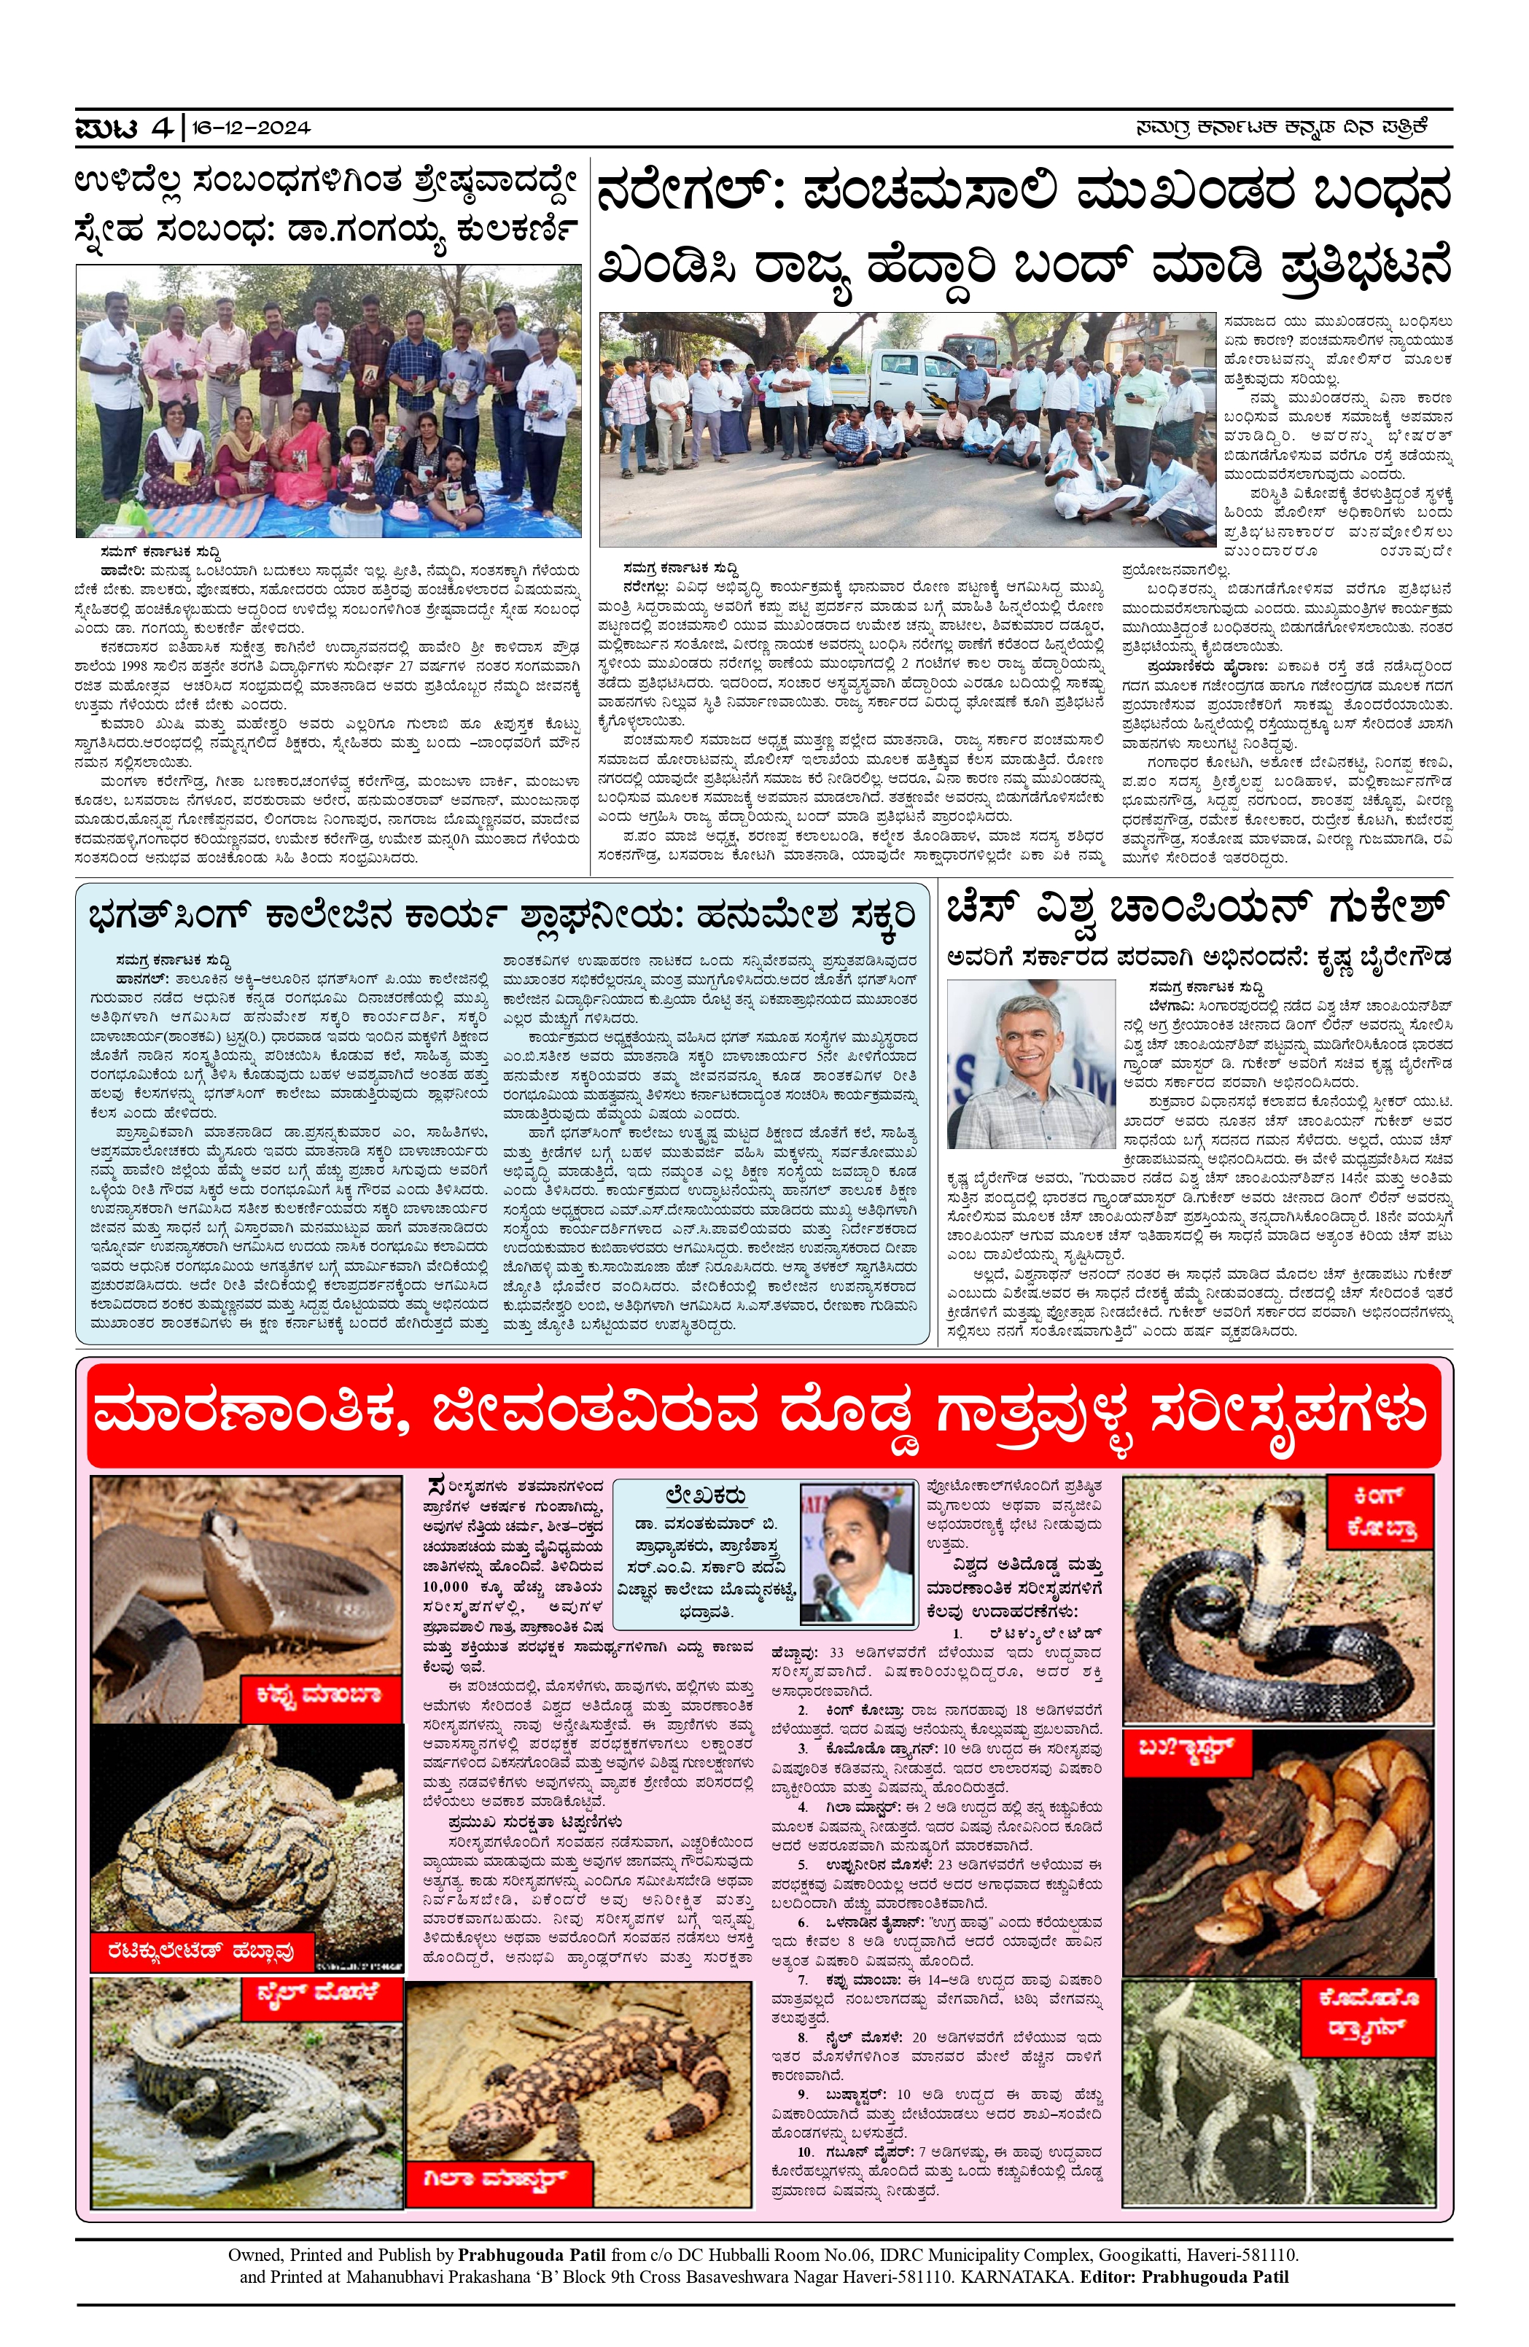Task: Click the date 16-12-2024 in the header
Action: [x=251, y=127]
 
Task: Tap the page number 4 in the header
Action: [x=161, y=127]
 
